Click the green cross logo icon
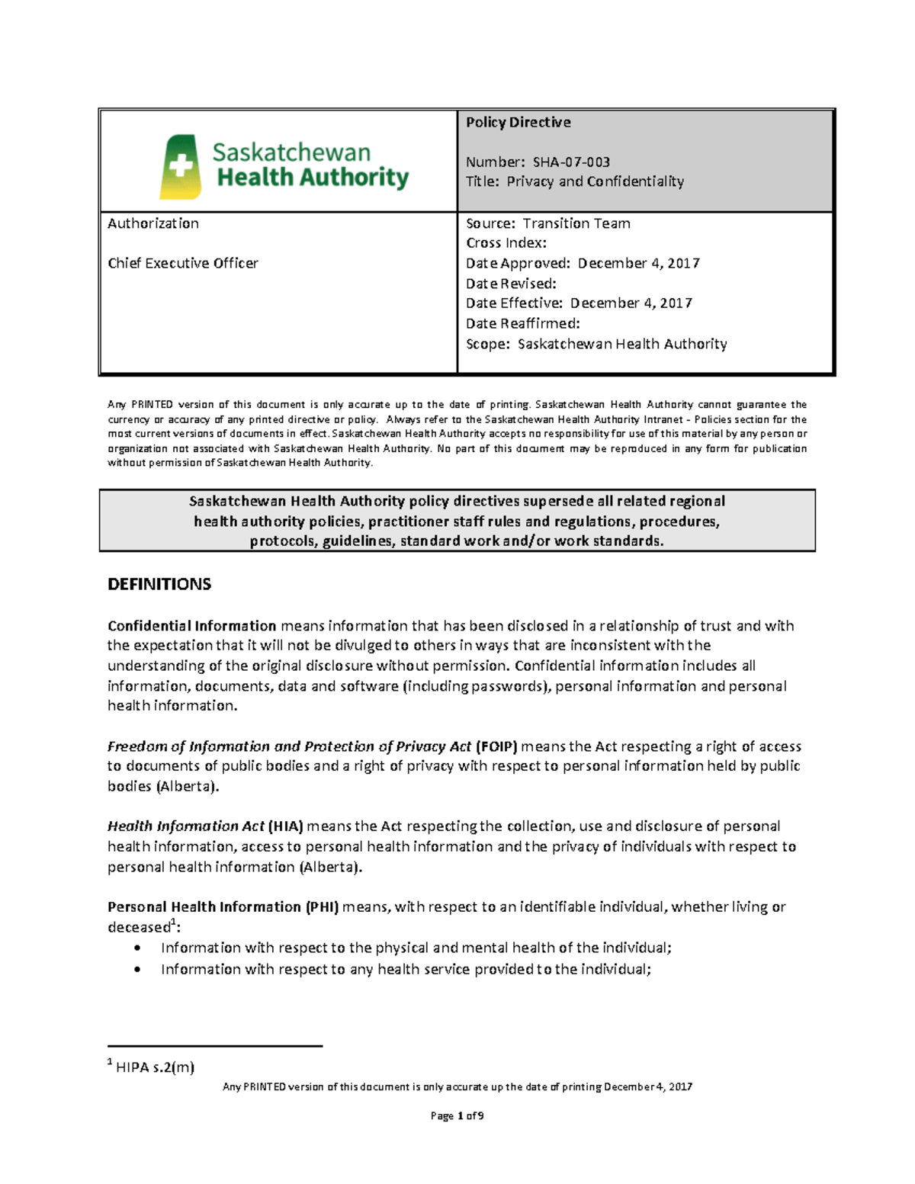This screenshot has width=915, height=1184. click(180, 167)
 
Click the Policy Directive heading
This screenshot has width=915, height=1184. click(518, 122)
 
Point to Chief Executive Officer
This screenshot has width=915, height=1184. click(183, 263)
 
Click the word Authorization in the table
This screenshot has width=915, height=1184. click(153, 223)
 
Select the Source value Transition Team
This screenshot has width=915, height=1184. click(576, 223)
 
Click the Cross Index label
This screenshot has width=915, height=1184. click(506, 243)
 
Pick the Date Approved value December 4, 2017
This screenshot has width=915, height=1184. click(638, 263)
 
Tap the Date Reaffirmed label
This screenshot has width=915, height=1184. click(523, 323)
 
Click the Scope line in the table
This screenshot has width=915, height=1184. click(596, 344)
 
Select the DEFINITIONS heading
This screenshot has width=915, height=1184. click(159, 585)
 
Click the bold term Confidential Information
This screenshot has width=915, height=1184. click(191, 626)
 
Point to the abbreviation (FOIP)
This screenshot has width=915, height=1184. click(496, 746)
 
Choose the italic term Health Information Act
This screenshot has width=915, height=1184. click(186, 826)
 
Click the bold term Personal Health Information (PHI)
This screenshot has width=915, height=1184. click(223, 907)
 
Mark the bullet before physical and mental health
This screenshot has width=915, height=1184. click(136, 948)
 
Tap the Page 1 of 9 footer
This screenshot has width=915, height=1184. click(457, 1116)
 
